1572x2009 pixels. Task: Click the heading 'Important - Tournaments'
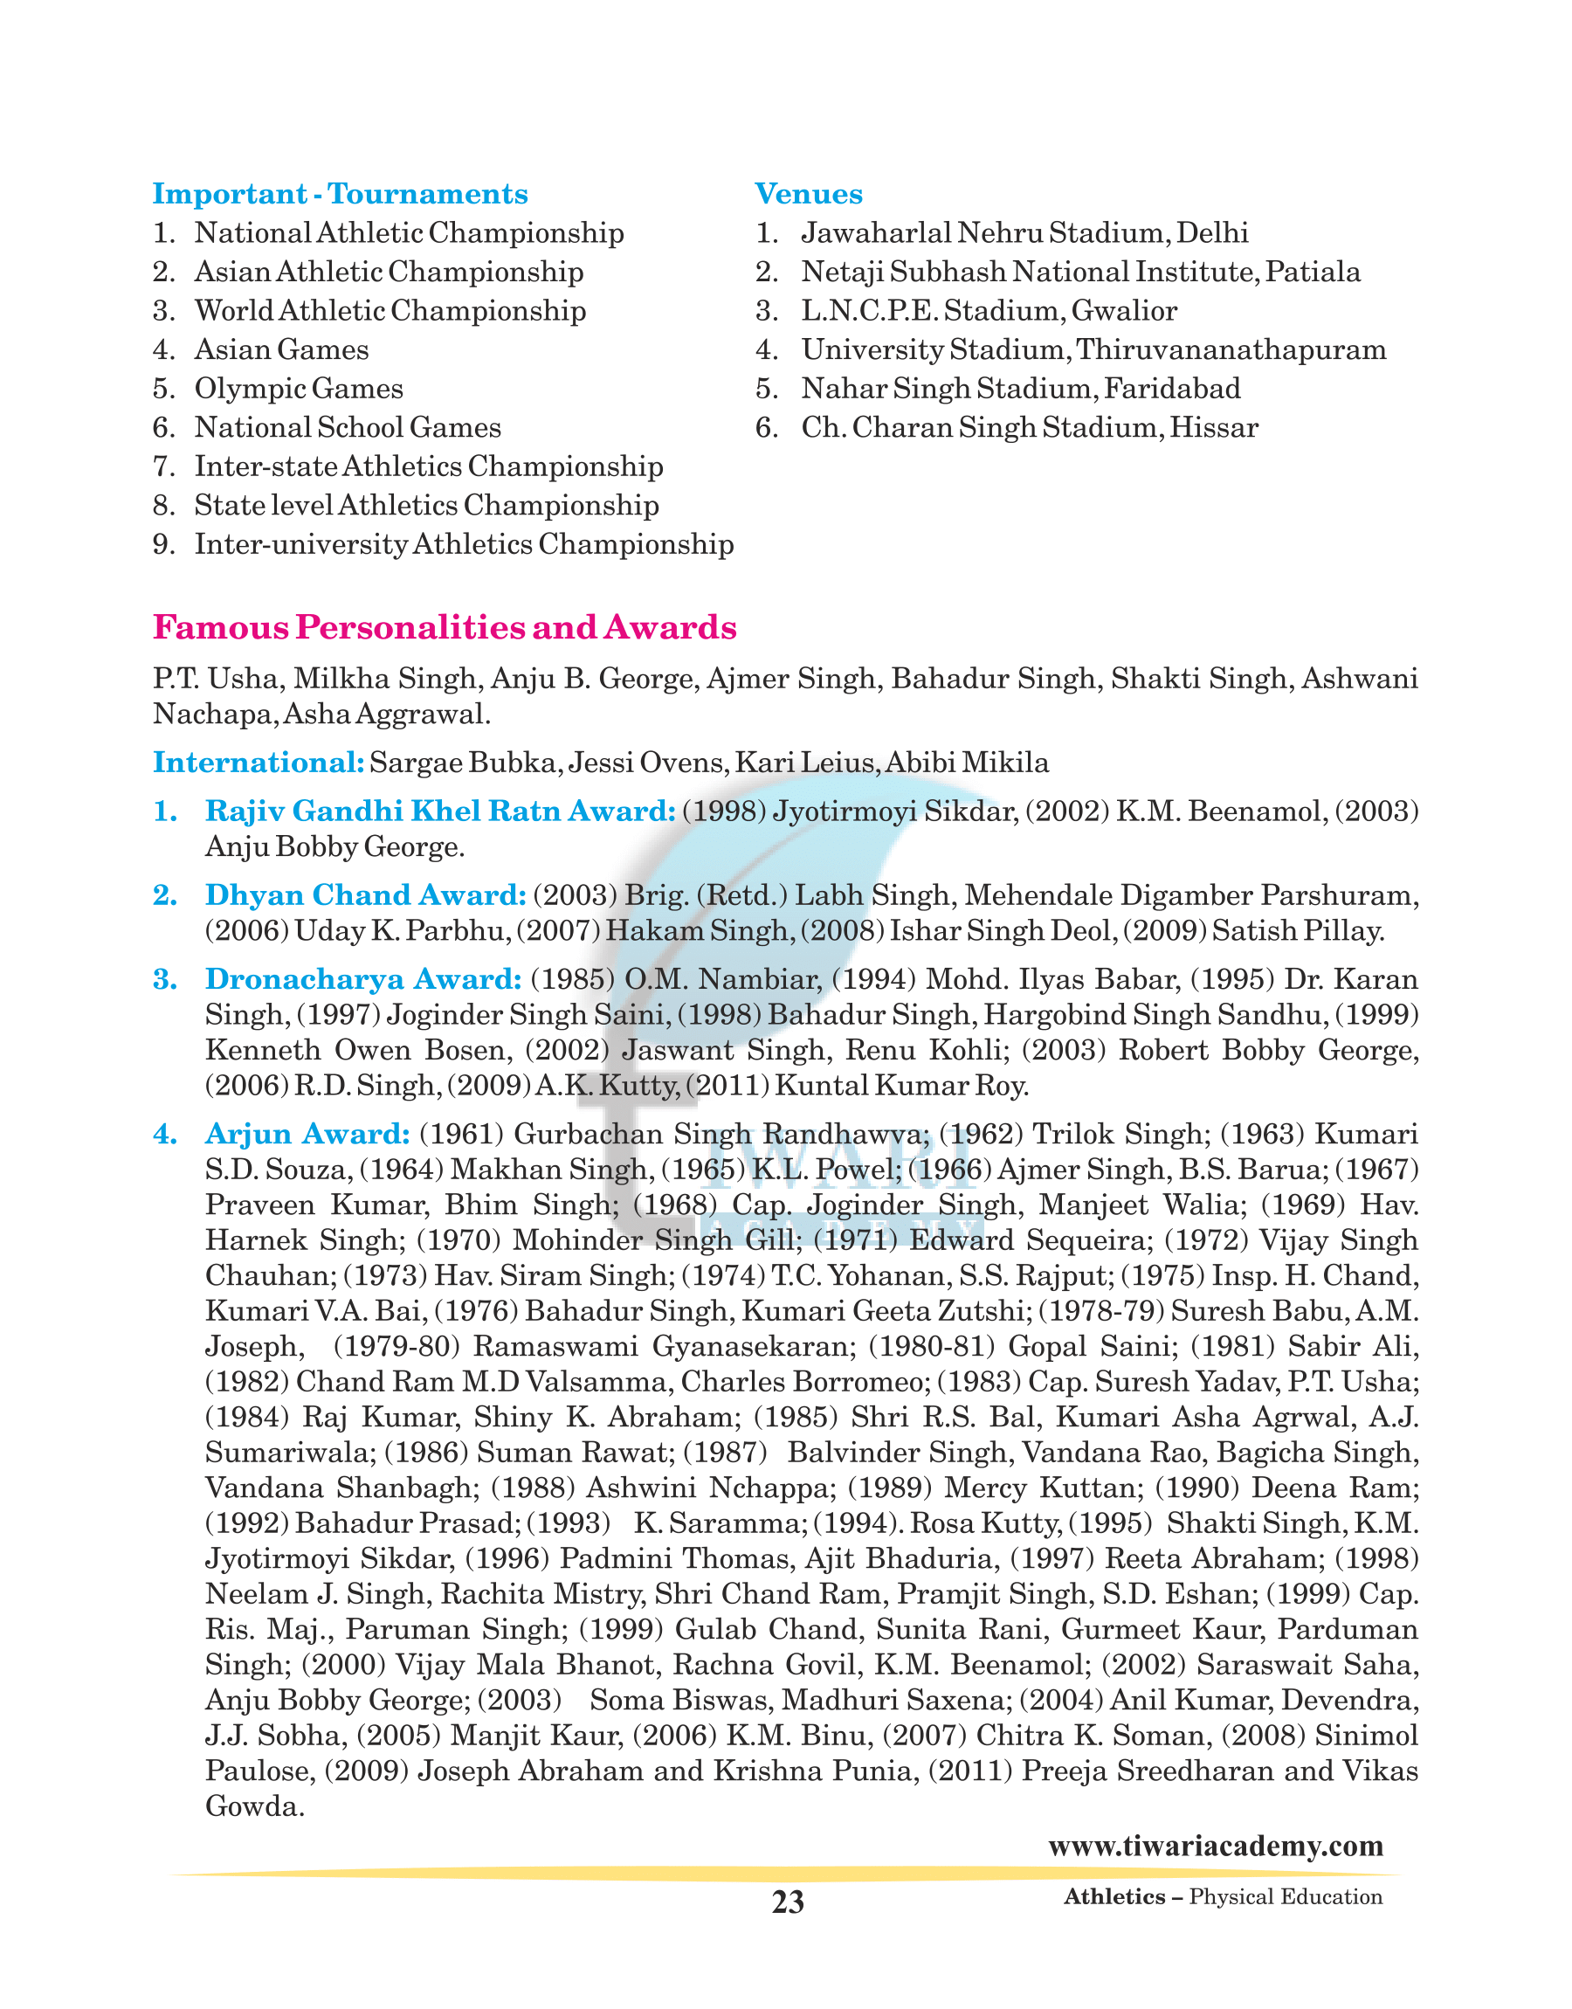coord(340,194)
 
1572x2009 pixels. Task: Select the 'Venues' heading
coord(808,194)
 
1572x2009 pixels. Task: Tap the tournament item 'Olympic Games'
coord(298,390)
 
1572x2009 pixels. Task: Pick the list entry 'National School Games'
coord(347,428)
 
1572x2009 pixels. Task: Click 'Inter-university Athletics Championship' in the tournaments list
coord(463,545)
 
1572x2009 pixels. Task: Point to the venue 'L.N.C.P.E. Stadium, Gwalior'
coord(989,311)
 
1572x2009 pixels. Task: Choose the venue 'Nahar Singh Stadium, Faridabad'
coord(1020,390)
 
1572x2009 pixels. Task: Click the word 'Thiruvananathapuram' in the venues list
coord(1231,350)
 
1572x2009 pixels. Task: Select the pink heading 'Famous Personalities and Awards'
coord(445,628)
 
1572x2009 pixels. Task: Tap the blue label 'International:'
coord(259,763)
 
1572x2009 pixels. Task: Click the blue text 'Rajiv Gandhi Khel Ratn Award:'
coord(440,811)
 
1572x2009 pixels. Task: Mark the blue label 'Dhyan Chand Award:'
coord(365,895)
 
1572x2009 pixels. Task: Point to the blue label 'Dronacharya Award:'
coord(363,979)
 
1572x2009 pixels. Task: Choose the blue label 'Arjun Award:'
coord(307,1134)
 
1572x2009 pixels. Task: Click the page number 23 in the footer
coord(787,1902)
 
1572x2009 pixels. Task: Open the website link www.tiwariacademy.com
coord(1215,1847)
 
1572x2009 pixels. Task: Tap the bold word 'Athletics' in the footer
coord(1113,1896)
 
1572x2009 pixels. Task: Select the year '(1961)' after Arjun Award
coord(461,1134)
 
